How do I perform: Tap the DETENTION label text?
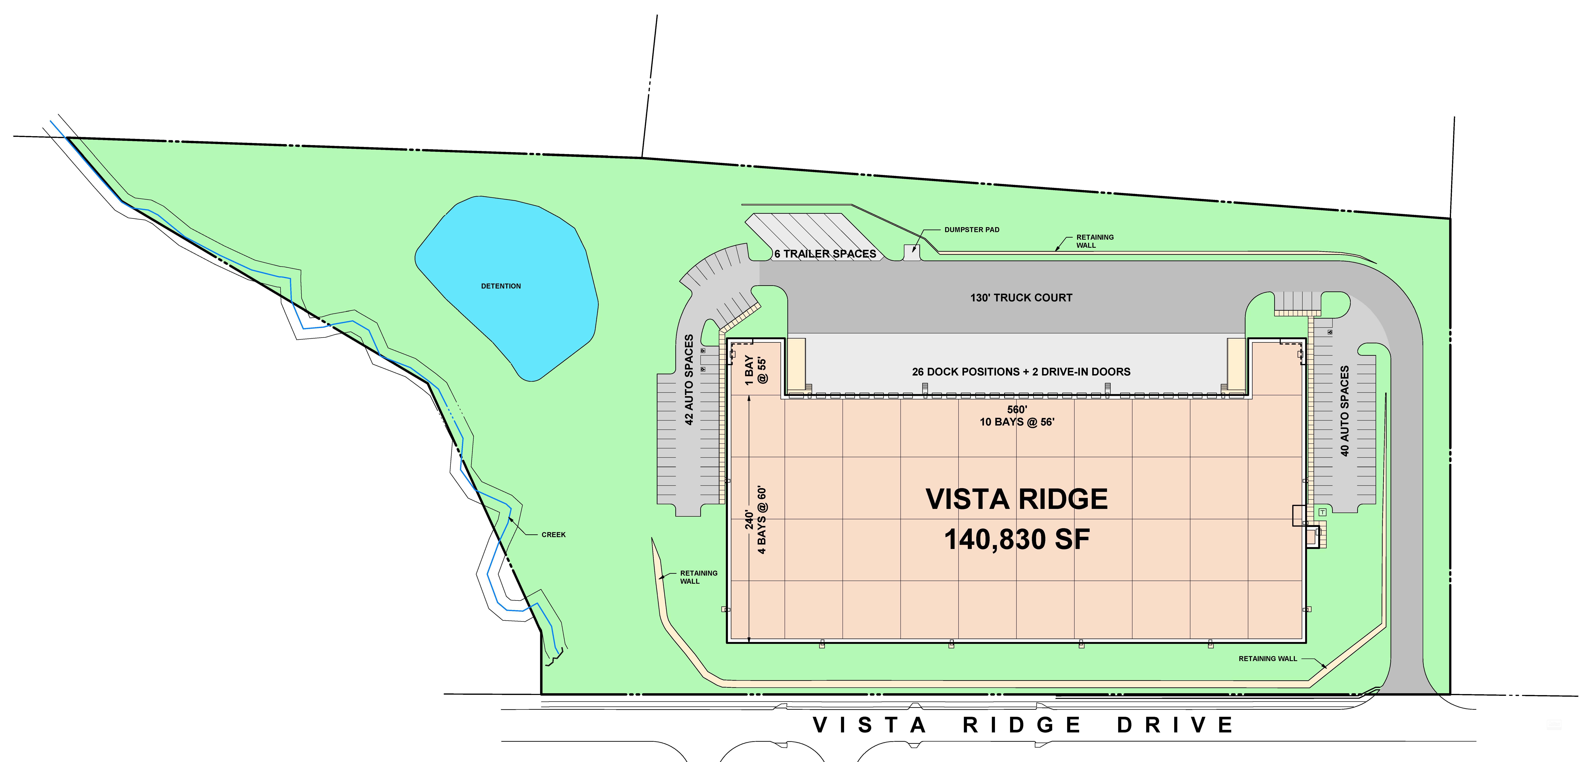(x=501, y=286)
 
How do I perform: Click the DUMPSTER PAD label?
(x=971, y=230)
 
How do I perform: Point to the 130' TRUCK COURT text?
(x=1021, y=298)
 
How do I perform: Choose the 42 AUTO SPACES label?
(x=689, y=379)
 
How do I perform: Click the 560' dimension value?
(x=1017, y=409)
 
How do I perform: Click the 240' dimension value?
(x=749, y=520)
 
